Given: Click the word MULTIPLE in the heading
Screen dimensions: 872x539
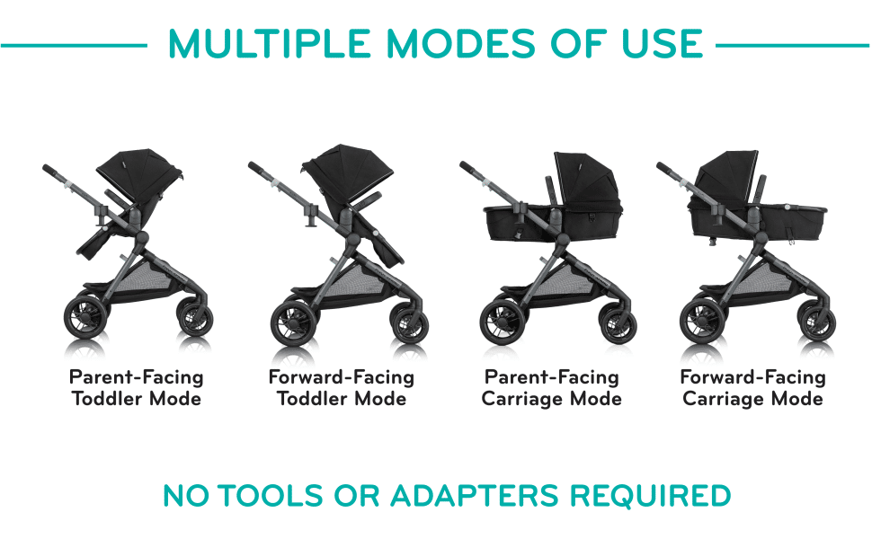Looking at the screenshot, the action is point(270,43).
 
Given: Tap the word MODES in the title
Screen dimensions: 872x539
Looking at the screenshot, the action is point(461,43).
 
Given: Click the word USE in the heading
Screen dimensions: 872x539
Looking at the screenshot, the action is point(663,43).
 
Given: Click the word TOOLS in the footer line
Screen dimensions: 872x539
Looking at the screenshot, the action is point(270,496).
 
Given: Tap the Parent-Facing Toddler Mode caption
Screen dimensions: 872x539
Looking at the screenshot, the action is point(137,388).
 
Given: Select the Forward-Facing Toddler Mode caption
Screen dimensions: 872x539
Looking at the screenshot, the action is point(342,388).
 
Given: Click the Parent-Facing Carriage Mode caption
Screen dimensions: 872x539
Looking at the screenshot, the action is point(552,388).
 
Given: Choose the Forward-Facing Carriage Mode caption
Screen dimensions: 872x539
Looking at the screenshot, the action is point(753,388).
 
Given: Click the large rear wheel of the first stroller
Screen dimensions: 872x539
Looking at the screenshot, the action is point(87,318).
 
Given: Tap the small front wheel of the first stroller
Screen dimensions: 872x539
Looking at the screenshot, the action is point(196,318).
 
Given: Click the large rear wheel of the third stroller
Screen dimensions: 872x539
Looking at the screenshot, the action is point(503,322).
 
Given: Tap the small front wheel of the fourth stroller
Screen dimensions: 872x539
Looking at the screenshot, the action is point(818,323).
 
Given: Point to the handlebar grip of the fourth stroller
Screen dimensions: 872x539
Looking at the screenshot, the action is point(669,171).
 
